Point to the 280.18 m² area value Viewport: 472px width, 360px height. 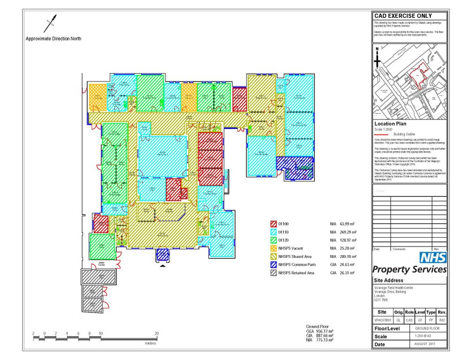tap(347, 256)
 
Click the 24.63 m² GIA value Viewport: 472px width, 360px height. tap(347, 264)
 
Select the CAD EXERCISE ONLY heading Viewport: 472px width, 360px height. tap(403, 16)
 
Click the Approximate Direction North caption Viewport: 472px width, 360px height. tap(53, 39)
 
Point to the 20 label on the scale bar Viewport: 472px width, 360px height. tap(157, 333)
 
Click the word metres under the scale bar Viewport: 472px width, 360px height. tap(150, 343)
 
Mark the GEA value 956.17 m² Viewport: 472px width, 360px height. tap(324, 331)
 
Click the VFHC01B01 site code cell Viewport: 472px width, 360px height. tap(382, 320)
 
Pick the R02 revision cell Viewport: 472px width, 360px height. tap(442, 320)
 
